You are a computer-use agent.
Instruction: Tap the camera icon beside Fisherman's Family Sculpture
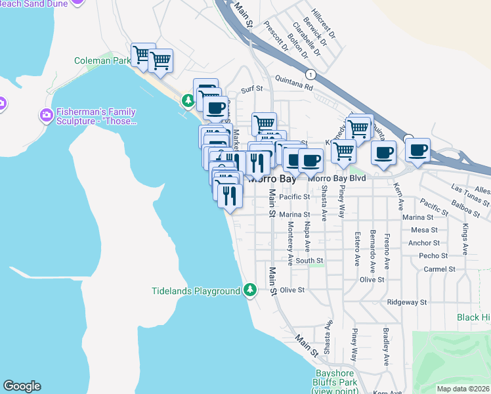point(46,116)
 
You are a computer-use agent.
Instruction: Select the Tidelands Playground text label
point(196,291)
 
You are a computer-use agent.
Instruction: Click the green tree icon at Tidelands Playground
point(249,290)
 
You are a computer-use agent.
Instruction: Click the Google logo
point(22,386)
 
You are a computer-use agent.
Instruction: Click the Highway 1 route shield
point(310,73)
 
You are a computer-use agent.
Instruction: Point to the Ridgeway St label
point(407,303)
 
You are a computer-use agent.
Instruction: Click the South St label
point(309,261)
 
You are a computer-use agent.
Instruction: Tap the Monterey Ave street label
point(290,242)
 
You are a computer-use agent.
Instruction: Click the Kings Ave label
point(465,239)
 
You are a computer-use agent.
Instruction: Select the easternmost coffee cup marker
point(417,151)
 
